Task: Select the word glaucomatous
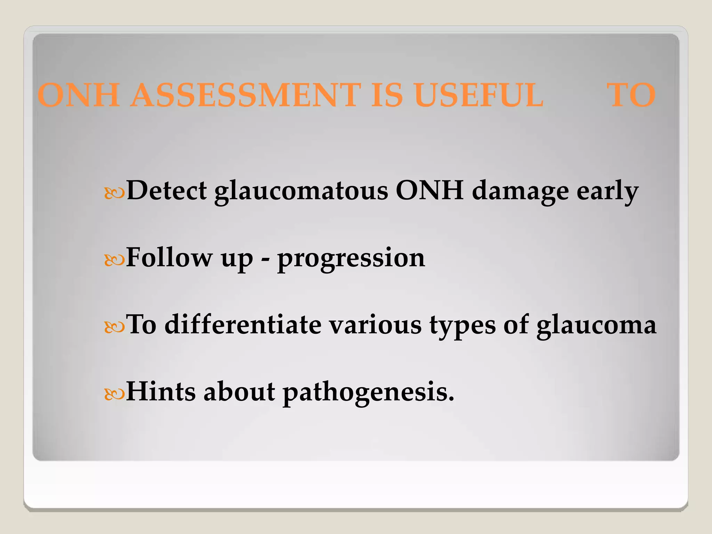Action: [x=301, y=192]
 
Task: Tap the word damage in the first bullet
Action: [x=520, y=192]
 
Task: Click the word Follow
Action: [x=169, y=258]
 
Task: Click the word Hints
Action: [x=161, y=391]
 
